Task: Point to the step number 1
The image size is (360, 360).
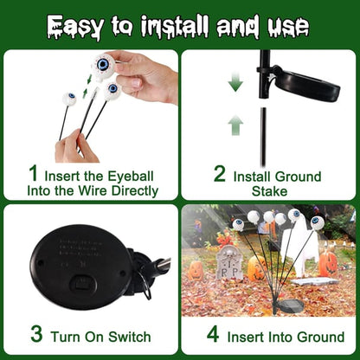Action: [x=34, y=176]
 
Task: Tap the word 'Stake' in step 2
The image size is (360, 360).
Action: [x=269, y=190]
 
